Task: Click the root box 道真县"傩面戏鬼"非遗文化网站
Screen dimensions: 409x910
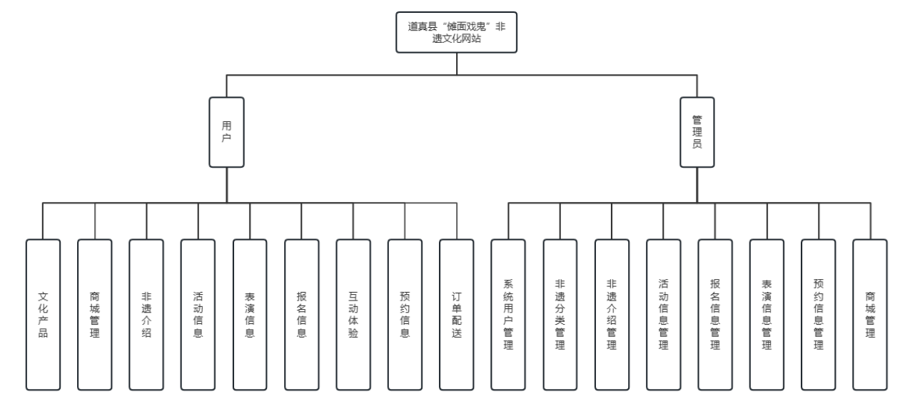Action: point(456,32)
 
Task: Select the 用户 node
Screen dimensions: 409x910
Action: point(226,131)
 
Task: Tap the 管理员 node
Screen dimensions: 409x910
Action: point(697,131)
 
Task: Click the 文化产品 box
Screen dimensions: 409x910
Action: point(43,314)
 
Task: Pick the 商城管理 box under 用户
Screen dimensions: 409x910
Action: point(95,314)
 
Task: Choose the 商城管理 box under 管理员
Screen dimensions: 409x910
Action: point(869,314)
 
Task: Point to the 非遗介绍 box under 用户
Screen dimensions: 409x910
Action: point(146,314)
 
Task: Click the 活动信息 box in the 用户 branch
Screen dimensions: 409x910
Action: point(198,314)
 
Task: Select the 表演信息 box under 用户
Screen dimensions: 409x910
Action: point(250,314)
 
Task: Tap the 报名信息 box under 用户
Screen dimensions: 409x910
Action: point(301,314)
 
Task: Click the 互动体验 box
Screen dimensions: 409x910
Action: point(353,314)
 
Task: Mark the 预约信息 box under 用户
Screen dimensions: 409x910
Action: point(405,314)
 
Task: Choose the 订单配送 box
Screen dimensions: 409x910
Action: point(456,314)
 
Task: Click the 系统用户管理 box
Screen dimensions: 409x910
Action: point(508,314)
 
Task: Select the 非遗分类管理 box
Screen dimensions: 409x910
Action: point(560,314)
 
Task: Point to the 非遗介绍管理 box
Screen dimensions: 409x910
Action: point(612,314)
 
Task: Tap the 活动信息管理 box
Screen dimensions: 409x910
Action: point(663,314)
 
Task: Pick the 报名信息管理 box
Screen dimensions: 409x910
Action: point(714,314)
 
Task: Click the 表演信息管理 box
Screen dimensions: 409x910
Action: point(767,314)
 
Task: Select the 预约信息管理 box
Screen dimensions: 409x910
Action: point(818,314)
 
